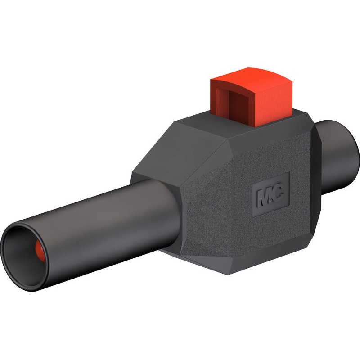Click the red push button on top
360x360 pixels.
[252, 96]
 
